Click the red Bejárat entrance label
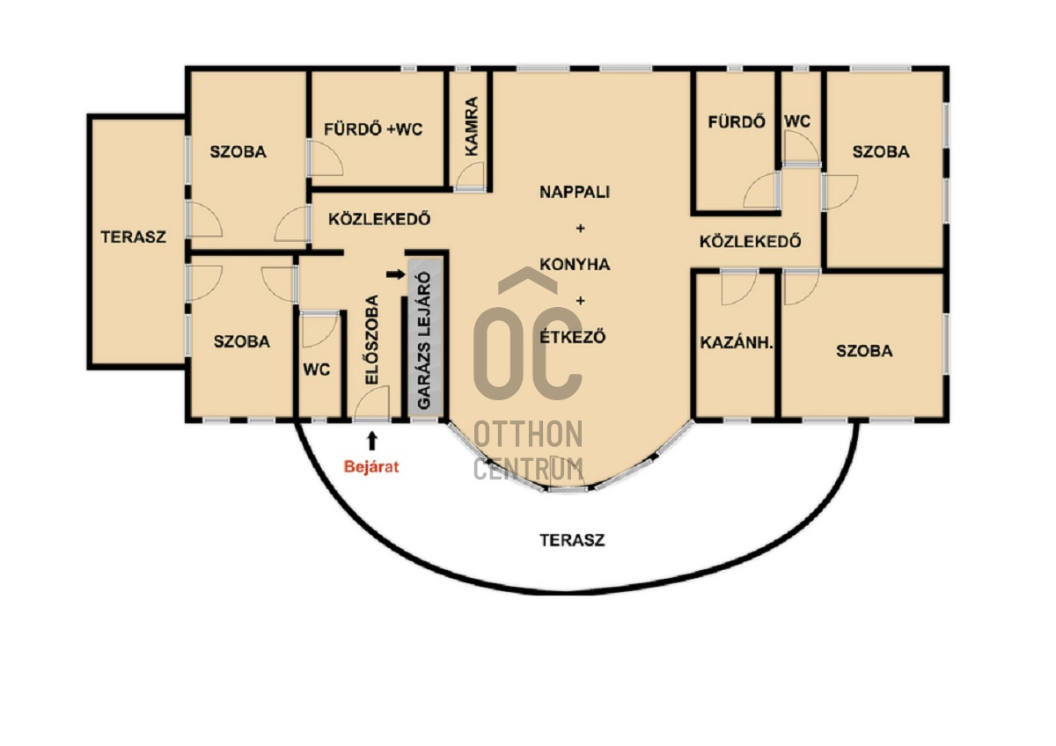coord(371,467)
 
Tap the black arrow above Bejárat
coord(372,441)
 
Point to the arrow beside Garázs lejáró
coord(395,274)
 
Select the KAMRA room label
coord(471,127)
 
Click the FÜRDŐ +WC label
coord(373,129)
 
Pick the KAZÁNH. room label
coord(737,342)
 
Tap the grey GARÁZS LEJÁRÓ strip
coord(425,338)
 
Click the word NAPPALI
coord(575,192)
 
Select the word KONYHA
coord(575,265)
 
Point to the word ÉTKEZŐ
coord(572,336)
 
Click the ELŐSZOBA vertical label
coord(372,340)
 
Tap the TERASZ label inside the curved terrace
coord(572,540)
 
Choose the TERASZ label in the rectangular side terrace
coord(134,237)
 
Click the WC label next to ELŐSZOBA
coord(316,370)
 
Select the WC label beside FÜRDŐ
coord(797,121)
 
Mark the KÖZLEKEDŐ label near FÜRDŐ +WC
coord(379,219)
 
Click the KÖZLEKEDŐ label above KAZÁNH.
coord(750,241)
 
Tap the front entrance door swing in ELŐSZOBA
coord(372,403)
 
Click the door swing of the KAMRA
coord(470,176)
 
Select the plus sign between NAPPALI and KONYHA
coord(580,229)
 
